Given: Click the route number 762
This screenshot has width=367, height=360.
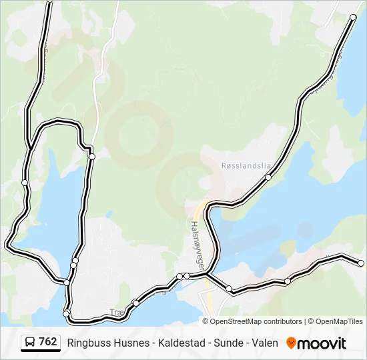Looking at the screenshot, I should pos(48,342).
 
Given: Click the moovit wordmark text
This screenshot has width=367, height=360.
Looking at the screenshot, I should pos(322,343).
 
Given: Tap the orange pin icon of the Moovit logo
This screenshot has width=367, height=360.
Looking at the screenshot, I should pos(291,343).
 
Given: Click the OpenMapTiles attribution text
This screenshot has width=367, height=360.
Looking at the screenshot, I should pos(338,321).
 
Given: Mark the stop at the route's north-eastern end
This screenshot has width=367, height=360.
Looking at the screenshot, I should pos(353,17).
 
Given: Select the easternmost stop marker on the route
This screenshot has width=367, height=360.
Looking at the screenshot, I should pos(361,263).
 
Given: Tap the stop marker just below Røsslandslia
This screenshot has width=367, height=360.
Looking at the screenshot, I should pos(268,177).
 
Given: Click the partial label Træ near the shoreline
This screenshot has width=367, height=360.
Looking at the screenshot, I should pos(117,311).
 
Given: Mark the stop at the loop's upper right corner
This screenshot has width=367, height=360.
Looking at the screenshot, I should pos(92,157).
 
